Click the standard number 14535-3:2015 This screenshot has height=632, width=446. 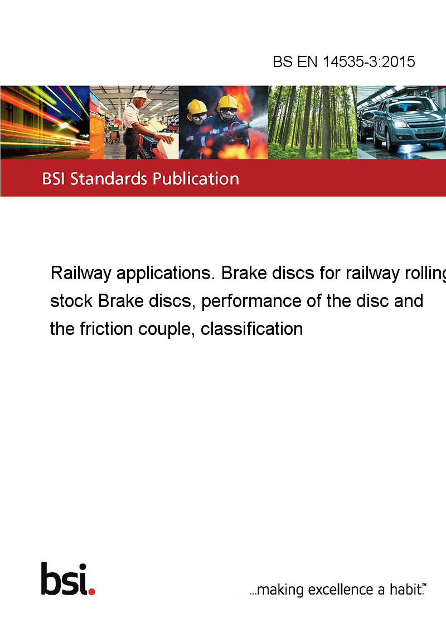coord(369,61)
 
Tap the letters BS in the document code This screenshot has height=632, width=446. coord(283,61)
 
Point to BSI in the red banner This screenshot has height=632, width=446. coord(54,179)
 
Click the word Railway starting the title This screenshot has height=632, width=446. coord(80,274)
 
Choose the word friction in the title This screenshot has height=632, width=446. coord(106,329)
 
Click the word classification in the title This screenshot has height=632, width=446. coord(251,329)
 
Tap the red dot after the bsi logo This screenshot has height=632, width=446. coord(92,591)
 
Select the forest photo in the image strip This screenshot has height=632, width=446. coord(312,122)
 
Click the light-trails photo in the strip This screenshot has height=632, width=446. coord(45,122)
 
